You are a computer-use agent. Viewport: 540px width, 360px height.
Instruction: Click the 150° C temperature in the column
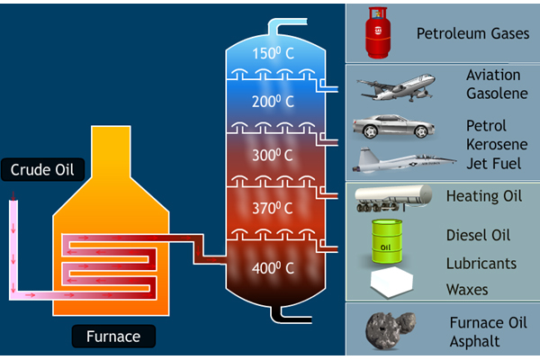click(274, 52)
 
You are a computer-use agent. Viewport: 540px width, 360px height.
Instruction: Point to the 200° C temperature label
click(274, 102)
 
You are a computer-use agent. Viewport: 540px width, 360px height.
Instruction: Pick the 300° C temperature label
click(274, 155)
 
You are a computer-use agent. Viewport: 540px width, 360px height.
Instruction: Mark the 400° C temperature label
click(274, 267)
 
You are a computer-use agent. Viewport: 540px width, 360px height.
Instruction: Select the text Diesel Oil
click(478, 236)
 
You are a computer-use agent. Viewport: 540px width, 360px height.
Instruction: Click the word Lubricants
click(481, 264)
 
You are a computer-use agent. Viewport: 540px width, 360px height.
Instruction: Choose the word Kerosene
click(496, 144)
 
